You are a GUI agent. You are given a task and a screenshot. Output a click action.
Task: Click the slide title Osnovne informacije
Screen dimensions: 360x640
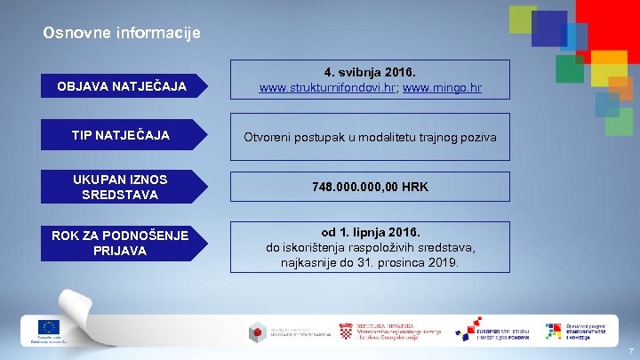(x=122, y=34)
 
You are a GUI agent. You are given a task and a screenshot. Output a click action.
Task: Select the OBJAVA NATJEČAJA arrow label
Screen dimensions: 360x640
(x=122, y=86)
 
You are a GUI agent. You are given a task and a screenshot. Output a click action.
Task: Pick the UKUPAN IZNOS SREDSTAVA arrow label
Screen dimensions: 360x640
(x=119, y=187)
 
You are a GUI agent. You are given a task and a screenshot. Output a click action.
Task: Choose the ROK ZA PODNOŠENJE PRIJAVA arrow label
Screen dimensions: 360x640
(x=119, y=243)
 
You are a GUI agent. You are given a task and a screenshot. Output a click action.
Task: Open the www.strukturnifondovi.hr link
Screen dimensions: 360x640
(x=324, y=89)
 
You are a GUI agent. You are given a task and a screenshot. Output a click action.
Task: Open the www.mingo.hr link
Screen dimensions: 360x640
(x=442, y=89)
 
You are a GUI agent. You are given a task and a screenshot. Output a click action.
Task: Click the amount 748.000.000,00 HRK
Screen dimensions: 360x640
(x=371, y=188)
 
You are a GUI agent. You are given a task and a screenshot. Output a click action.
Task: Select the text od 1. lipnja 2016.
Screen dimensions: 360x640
(x=371, y=231)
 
